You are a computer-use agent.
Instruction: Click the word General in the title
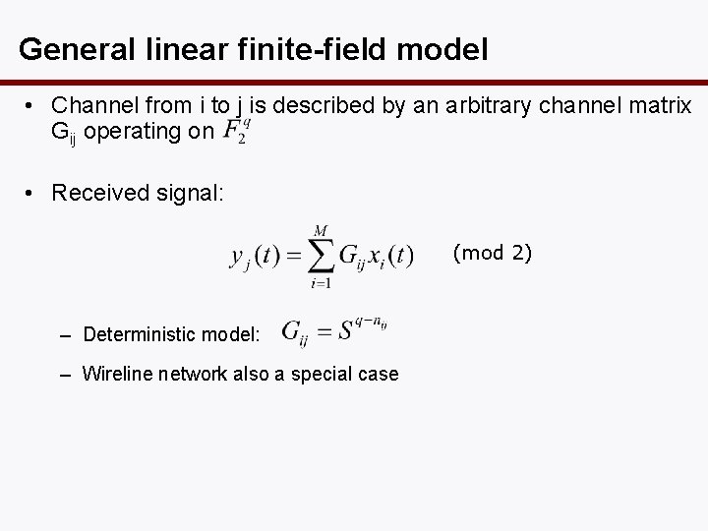point(71,48)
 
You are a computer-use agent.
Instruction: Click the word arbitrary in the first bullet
point(485,103)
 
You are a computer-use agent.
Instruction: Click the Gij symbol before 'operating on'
point(66,131)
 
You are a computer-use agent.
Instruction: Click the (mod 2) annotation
point(492,253)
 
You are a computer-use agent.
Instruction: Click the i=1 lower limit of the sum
point(321,284)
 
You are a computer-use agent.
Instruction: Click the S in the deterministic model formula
point(345,331)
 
